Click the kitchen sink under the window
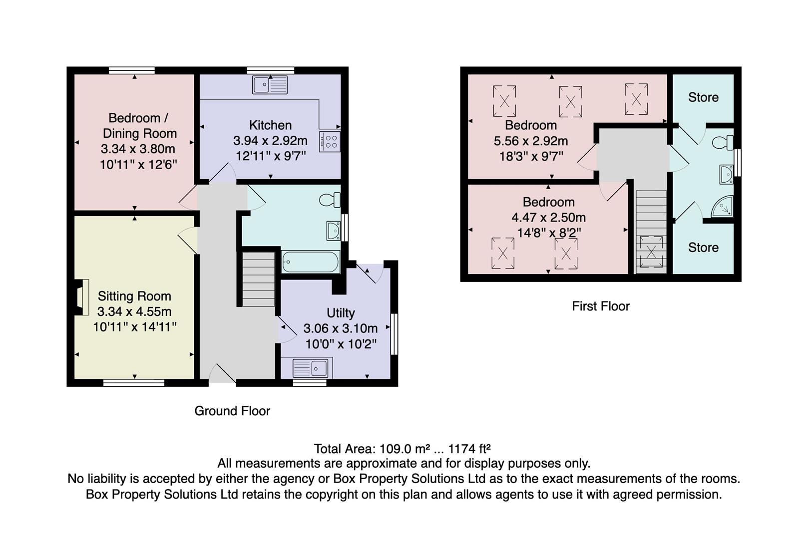tap(270, 85)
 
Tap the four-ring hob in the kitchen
tap(331, 140)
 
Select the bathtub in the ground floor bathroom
tap(310, 262)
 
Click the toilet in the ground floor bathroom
tap(329, 200)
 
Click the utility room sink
tap(311, 369)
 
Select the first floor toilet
tap(722, 143)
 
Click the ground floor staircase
tap(259, 279)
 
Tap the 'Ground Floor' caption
tap(232, 411)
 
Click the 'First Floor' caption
tap(601, 306)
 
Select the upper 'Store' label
tap(703, 97)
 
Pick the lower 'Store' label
tap(703, 248)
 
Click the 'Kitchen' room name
tap(270, 125)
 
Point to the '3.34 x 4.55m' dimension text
tap(134, 311)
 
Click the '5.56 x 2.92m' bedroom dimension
tap(531, 141)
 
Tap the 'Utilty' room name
tap(341, 313)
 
